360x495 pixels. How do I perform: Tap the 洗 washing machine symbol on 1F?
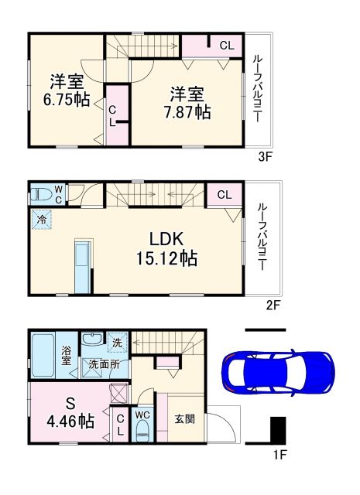(116, 340)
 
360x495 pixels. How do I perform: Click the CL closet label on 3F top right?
(225, 45)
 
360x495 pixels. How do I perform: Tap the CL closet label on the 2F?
(223, 194)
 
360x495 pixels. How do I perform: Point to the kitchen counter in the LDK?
(81, 265)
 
